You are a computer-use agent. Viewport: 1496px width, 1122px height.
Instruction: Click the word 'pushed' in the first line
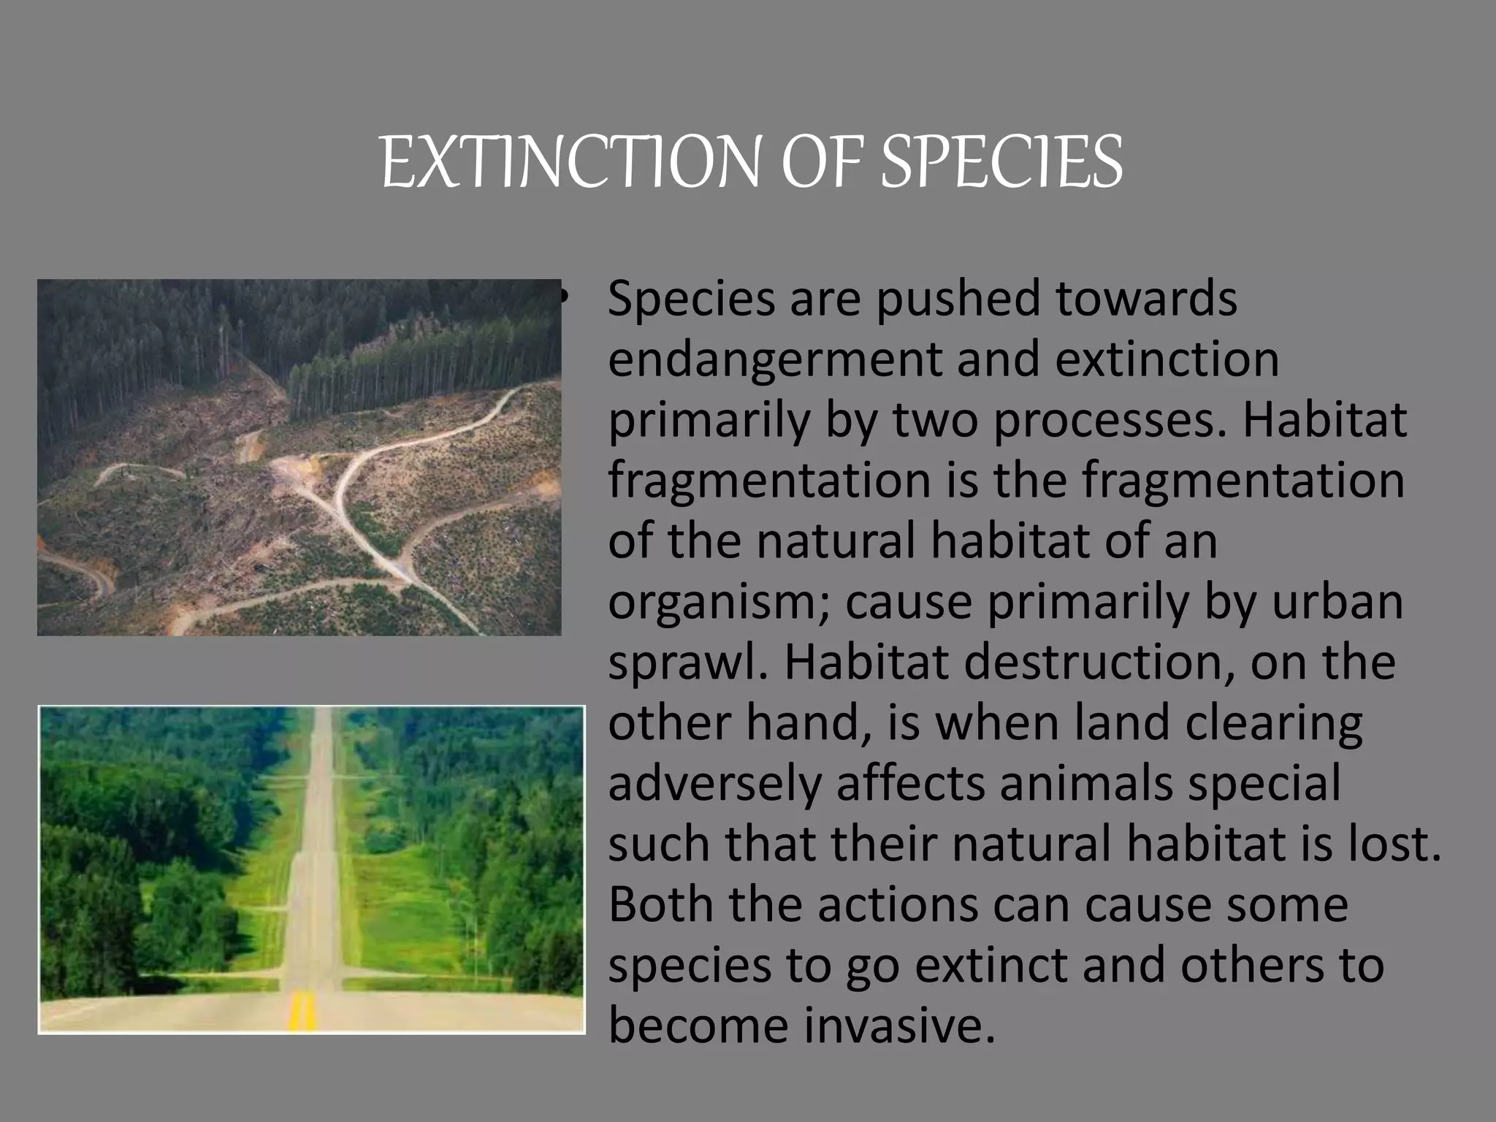pos(957,299)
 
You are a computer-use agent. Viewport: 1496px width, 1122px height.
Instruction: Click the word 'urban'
pos(1340,602)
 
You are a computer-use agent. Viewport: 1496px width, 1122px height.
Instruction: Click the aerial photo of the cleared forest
pos(299,457)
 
